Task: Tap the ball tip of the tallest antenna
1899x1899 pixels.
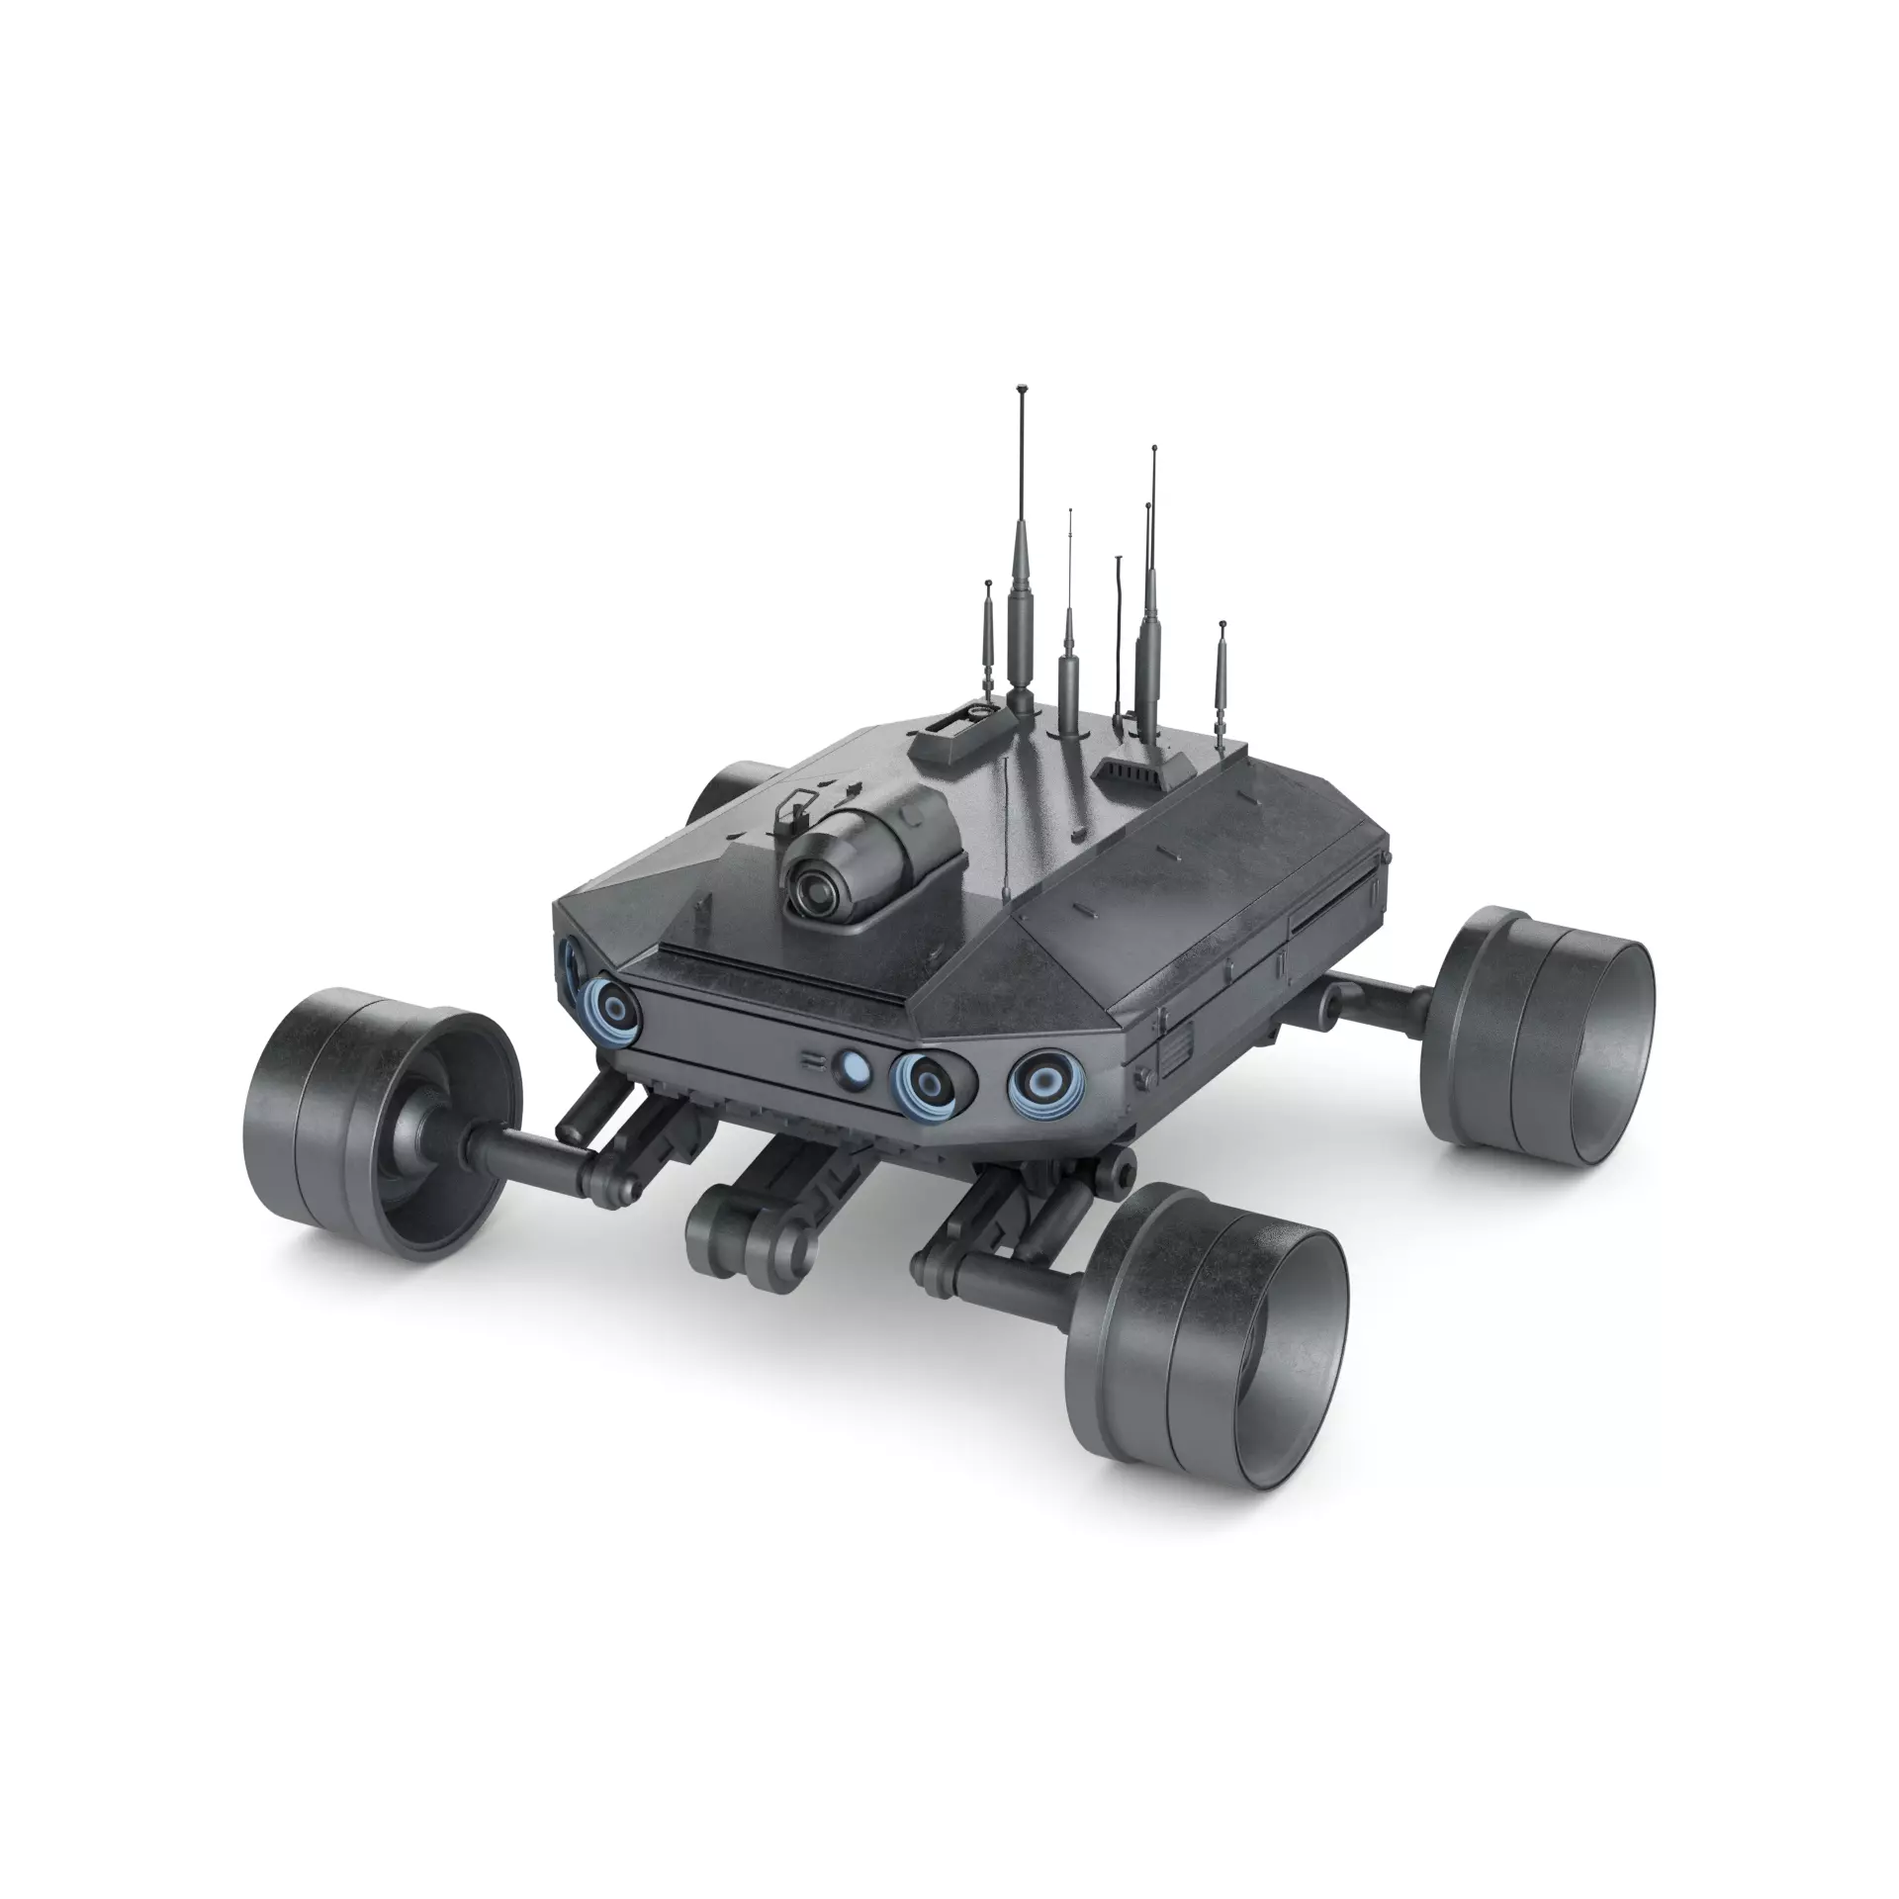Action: [x=1021, y=390]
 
